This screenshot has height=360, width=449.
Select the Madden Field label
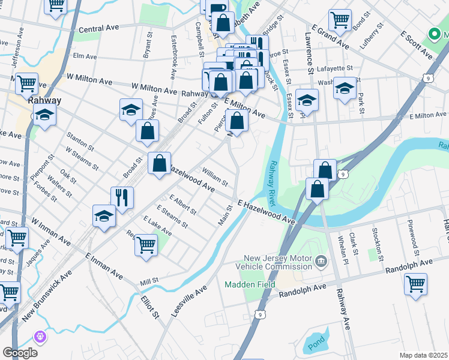pyautogui.click(x=250, y=284)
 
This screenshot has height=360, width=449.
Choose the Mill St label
pyautogui.click(x=149, y=280)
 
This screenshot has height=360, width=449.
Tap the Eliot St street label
pyautogui.click(x=149, y=306)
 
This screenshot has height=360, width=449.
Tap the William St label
pyautogui.click(x=215, y=178)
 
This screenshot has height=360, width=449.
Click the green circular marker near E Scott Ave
pyautogui.click(x=433, y=34)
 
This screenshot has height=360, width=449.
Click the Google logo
pyautogui.click(x=20, y=352)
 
